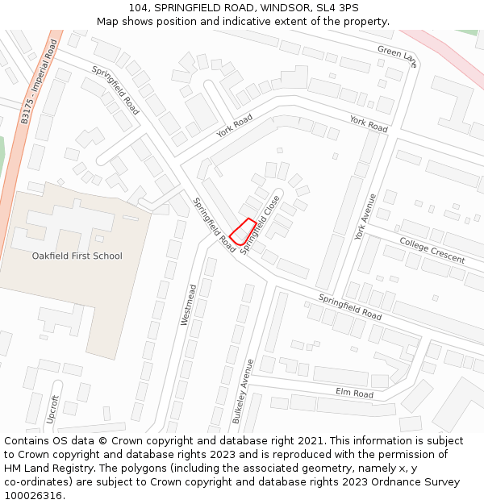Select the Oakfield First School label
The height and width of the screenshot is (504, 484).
tap(77, 256)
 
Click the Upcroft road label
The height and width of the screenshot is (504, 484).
tap(54, 410)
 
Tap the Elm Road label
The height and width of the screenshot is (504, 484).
tap(354, 393)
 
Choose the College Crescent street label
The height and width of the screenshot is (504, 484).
tap(432, 251)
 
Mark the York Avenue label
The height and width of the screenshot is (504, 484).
tap(365, 216)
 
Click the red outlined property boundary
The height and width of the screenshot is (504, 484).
tap(243, 231)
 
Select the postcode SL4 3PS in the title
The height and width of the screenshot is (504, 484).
tap(338, 8)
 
